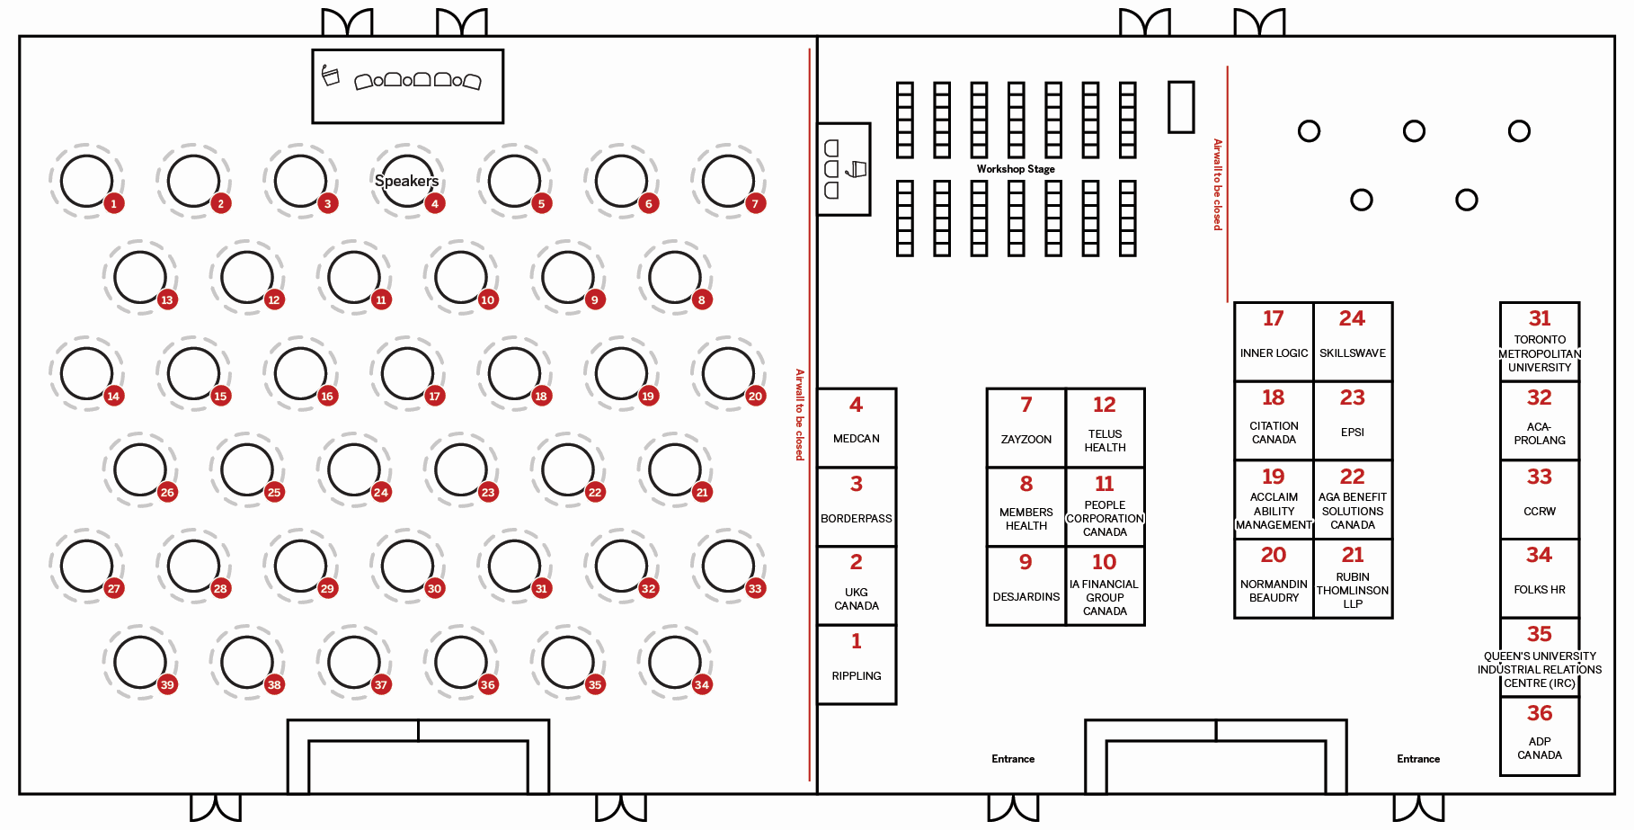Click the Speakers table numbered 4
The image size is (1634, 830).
(x=407, y=181)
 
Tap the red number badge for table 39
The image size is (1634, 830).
(x=167, y=684)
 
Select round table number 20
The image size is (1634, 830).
(x=728, y=373)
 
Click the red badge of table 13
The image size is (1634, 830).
(x=167, y=299)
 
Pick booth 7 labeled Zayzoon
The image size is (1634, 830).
(x=1026, y=427)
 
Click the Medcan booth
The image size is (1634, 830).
(x=857, y=427)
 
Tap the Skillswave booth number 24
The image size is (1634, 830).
(x=1353, y=341)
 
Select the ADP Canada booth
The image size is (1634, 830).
(x=1540, y=736)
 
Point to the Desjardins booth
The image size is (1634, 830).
(x=1026, y=585)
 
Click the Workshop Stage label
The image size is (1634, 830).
(x=1016, y=169)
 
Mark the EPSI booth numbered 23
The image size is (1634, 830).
(x=1353, y=420)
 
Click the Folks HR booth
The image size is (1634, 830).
(x=1540, y=577)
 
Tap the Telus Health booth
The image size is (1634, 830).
(x=1105, y=427)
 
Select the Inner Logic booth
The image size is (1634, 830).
(x=1274, y=341)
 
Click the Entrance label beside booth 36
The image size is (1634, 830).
(x=1418, y=759)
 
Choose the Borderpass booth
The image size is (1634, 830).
(x=857, y=505)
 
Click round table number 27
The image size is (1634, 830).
(x=87, y=566)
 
